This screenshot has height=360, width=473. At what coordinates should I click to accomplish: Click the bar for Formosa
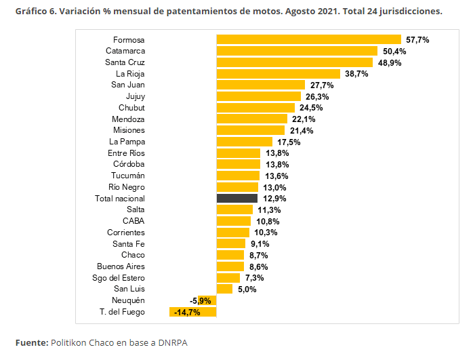309,39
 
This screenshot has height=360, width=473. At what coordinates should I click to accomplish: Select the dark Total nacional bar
237,198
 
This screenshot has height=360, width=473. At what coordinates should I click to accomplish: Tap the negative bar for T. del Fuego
192,312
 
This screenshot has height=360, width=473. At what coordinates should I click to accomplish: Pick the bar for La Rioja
279,74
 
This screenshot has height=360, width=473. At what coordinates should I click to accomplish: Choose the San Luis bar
224,289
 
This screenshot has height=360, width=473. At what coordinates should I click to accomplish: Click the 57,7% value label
417,40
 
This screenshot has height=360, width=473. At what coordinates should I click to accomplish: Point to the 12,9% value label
274,199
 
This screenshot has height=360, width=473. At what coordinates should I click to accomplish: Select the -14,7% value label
187,313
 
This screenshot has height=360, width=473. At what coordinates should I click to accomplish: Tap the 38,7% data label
356,74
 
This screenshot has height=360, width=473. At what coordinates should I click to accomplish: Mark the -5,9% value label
201,301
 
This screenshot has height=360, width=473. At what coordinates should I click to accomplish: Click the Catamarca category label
125,51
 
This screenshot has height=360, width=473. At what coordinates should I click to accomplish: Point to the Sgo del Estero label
119,278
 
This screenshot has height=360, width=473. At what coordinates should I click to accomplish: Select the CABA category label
133,221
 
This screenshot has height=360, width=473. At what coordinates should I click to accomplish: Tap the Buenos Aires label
121,266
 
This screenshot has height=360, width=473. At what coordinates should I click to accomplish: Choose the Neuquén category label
128,300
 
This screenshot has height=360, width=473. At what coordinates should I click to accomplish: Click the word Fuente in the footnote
32,343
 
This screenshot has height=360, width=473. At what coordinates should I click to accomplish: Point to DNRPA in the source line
173,343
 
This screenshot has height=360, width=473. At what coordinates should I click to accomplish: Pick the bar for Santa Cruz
295,62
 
